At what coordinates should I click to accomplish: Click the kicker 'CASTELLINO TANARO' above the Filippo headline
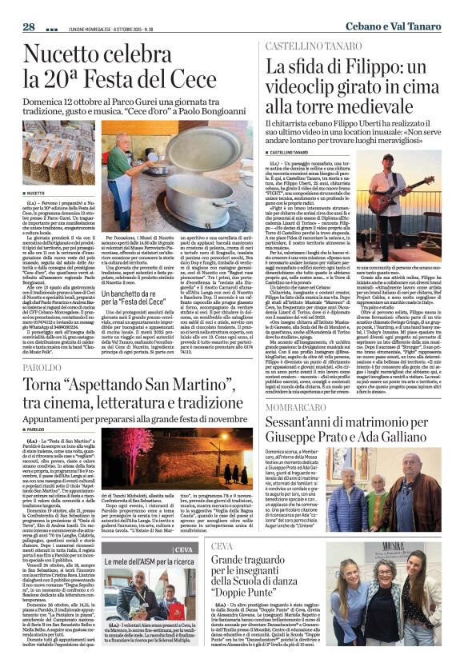[x=305, y=47]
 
